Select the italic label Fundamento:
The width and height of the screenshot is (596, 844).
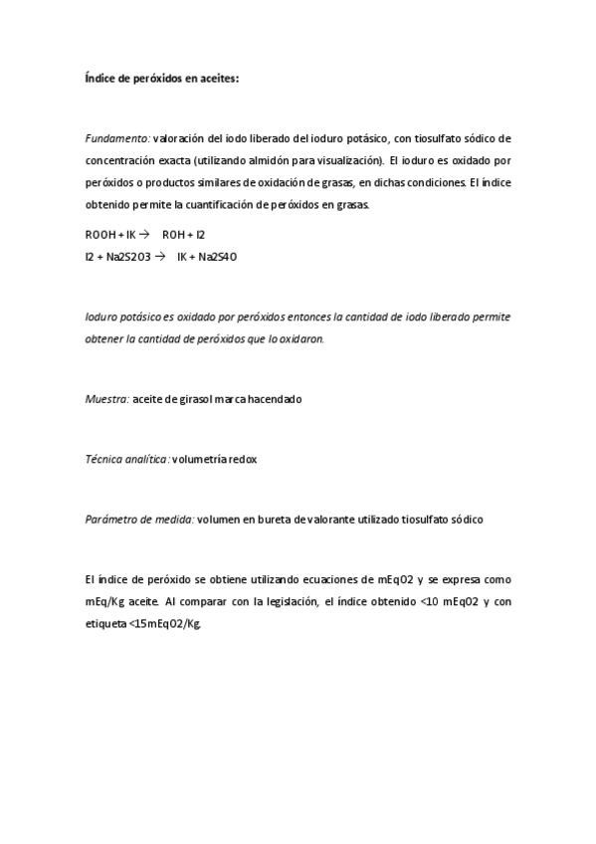[x=117, y=137]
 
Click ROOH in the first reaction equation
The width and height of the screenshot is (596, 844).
[x=100, y=235]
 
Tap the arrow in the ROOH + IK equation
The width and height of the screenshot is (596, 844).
[x=143, y=235]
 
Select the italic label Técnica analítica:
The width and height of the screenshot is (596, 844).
[x=127, y=460]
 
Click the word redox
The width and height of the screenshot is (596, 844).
[x=243, y=460]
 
